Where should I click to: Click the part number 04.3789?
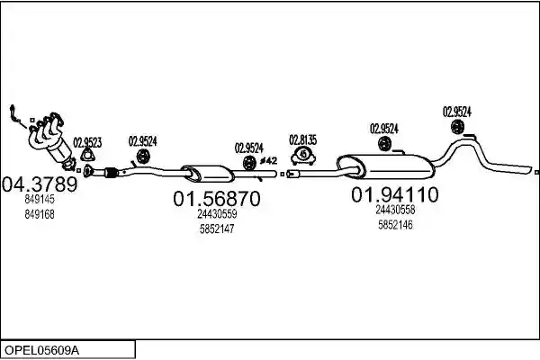pyautogui.click(x=40, y=184)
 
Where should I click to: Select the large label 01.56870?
pyautogui.click(x=216, y=199)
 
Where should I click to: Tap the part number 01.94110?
pyautogui.click(x=395, y=195)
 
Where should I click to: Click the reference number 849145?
pyautogui.click(x=40, y=199)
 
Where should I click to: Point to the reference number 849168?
pyautogui.click(x=40, y=214)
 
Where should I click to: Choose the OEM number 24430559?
pyautogui.click(x=217, y=214)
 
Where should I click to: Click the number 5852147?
pyautogui.click(x=217, y=229)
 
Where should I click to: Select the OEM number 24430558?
pyautogui.click(x=395, y=210)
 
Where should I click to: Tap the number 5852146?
pyautogui.click(x=395, y=225)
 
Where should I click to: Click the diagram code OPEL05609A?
pyautogui.click(x=41, y=350)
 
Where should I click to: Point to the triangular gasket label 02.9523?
pyautogui.click(x=87, y=142)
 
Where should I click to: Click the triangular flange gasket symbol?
pyautogui.click(x=88, y=155)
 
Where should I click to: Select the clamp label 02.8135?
pyautogui.click(x=303, y=140)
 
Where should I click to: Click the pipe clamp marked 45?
pyautogui.click(x=303, y=156)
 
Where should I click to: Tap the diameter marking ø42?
pyautogui.click(x=268, y=160)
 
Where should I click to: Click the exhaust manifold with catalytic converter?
pyautogui.click(x=51, y=139)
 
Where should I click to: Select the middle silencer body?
pyautogui.click(x=208, y=174)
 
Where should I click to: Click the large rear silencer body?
pyautogui.click(x=386, y=166)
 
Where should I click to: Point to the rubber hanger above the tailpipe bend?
pyautogui.click(x=457, y=127)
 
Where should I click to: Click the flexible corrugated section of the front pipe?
pyautogui.click(x=111, y=172)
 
